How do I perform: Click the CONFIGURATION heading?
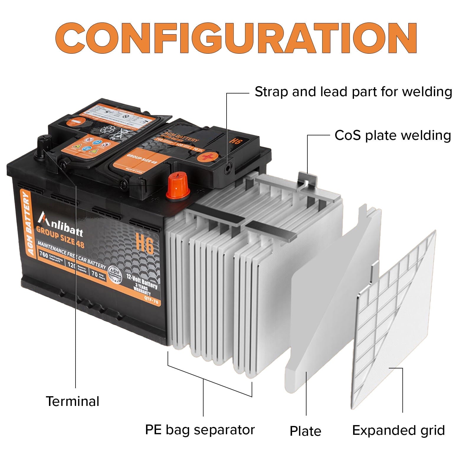point(236,38)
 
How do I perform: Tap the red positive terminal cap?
point(178,186)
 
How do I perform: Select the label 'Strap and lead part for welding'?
point(353,92)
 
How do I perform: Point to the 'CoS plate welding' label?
point(393,135)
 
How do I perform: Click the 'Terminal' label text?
point(73,401)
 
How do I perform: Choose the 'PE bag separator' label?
point(200,430)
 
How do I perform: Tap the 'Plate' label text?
point(305,431)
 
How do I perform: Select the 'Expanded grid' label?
point(398,430)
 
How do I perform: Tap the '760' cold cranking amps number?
point(44,254)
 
